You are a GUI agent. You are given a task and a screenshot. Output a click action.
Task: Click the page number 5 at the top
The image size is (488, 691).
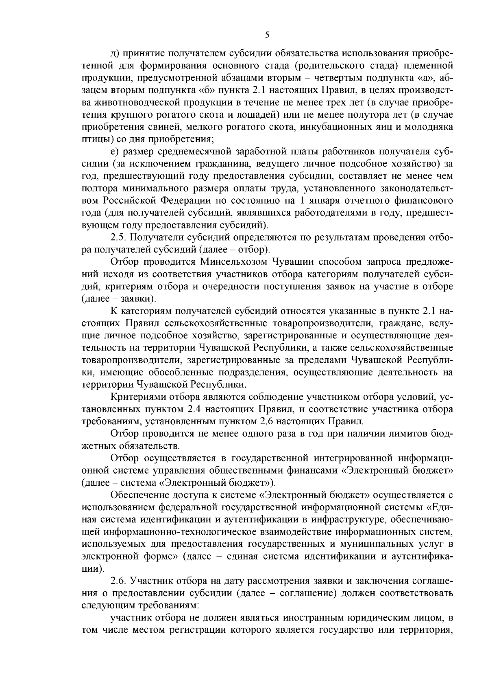tap(267, 35)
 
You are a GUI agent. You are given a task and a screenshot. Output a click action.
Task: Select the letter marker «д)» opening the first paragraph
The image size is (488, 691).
tap(115, 53)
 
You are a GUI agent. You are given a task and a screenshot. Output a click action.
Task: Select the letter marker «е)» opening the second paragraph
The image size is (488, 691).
tap(114, 152)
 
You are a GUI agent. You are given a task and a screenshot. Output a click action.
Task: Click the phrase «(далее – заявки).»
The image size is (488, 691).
tap(119, 299)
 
